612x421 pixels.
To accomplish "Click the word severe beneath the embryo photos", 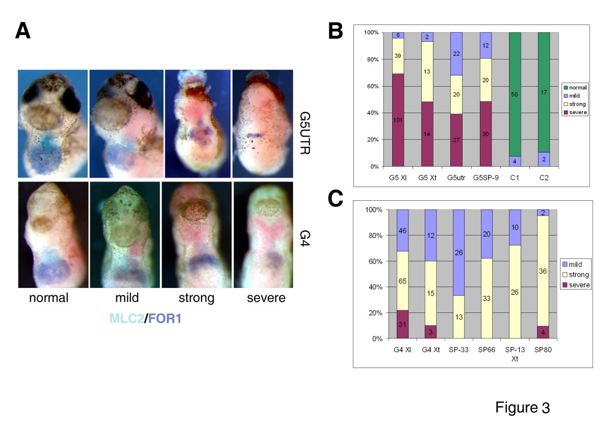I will point(266,298).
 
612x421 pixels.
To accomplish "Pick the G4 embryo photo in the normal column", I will point(52,234).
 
